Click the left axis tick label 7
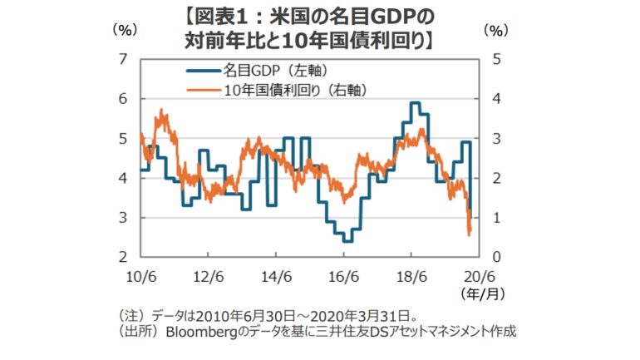tap(122, 59)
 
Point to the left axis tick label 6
tap(122, 99)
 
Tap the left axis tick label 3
tap(122, 218)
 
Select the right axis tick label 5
tap(496, 59)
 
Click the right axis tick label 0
tap(496, 257)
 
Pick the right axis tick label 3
tap(496, 138)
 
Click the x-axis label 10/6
tap(140, 275)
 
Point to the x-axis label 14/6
tap(275, 275)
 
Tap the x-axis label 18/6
tap(411, 275)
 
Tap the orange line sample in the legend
tap(203, 88)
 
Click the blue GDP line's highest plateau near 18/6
tap(414, 103)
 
